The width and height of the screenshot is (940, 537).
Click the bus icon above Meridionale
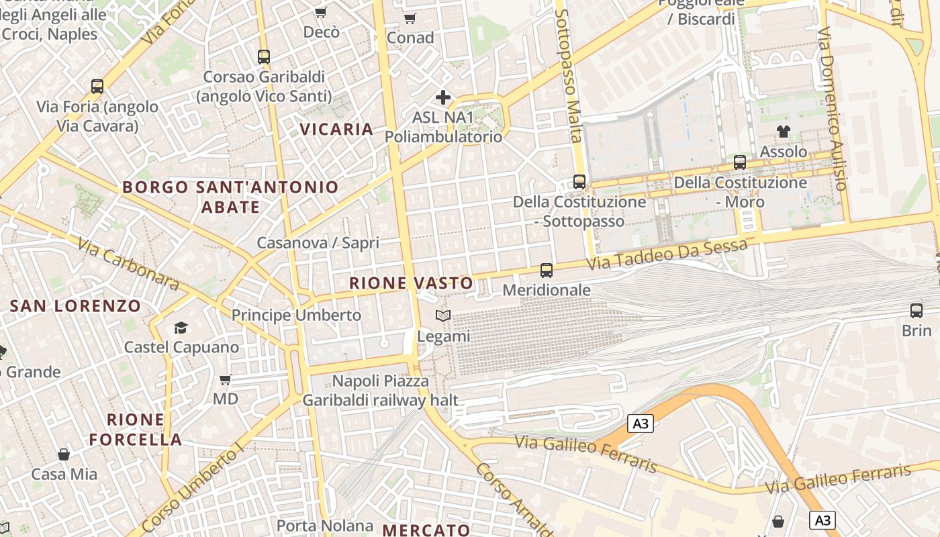pos(547,271)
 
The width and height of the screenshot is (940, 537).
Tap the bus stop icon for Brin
pos(916,311)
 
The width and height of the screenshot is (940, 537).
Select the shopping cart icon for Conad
pos(410,18)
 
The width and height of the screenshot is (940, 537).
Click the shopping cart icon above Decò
pos(321,12)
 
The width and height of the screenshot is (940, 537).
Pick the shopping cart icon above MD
pos(226,379)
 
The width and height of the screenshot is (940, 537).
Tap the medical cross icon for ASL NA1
pos(443,97)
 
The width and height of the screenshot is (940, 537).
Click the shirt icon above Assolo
pos(784,132)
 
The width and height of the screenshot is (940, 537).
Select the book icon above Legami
pos(443,315)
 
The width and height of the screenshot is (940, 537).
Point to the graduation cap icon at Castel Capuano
pos(181,328)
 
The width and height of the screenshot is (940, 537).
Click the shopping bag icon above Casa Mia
pos(64,454)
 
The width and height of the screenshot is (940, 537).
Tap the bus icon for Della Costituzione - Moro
pos(740,162)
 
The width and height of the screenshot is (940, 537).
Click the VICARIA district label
pos(336,129)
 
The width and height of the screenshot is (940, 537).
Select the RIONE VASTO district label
pos(411,283)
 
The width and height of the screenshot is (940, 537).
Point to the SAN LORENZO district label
pos(76,306)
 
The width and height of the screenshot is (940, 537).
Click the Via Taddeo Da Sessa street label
pos(667,256)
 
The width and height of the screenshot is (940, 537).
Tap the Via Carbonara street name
pos(128,264)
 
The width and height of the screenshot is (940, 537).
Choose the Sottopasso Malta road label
pos(569,76)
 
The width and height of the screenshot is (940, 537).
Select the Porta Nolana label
pos(325,526)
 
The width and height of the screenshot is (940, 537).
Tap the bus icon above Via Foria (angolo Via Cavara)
pos(97,87)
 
